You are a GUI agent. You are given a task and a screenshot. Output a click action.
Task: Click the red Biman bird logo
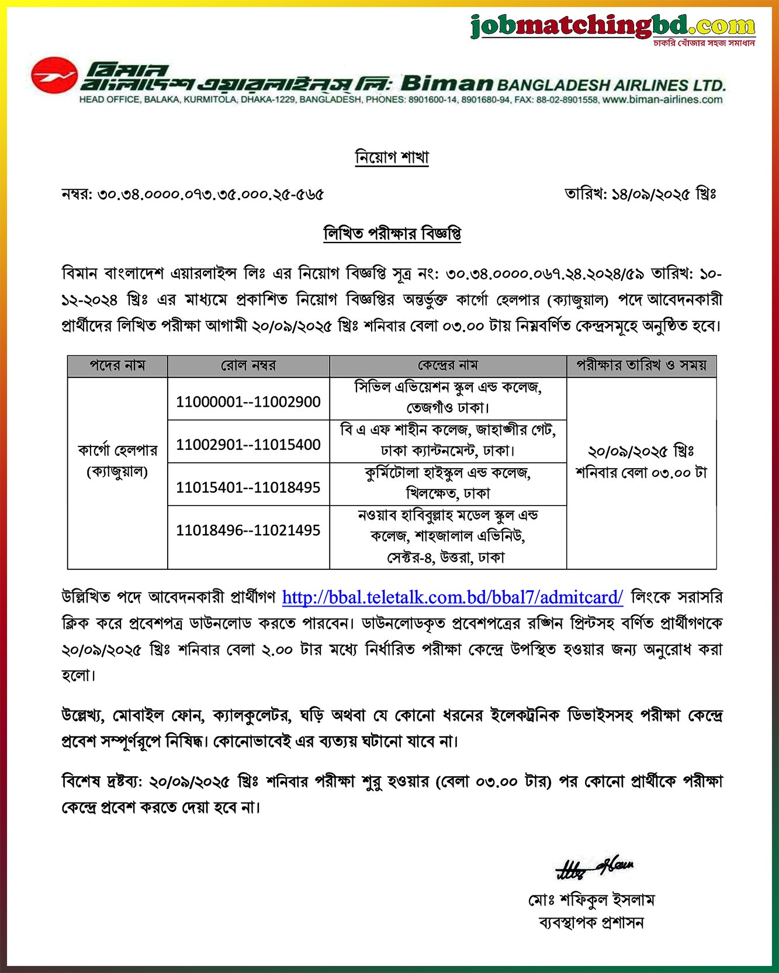pos(54,75)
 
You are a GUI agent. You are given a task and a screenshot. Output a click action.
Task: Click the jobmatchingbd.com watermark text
pos(612,26)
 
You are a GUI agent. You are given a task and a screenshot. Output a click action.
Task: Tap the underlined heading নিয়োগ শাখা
pos(392,157)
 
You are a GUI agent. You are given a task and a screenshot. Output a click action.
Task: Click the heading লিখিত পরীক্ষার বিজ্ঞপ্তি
pos(392,234)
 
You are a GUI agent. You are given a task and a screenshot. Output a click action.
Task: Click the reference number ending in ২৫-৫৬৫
pos(193,194)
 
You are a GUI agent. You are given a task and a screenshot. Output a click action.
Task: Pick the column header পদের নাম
pos(117,366)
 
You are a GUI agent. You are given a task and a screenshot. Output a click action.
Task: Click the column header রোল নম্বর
pos(248,366)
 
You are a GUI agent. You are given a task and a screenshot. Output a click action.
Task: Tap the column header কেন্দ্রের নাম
pos(448,366)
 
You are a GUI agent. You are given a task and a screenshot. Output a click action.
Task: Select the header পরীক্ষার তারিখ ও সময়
pos(641,366)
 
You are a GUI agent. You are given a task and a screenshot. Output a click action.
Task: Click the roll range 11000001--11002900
pos(248,402)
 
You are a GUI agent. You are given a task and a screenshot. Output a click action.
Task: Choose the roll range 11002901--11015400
pos(248,445)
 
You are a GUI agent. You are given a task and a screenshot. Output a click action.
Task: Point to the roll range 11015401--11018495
pos(248,487)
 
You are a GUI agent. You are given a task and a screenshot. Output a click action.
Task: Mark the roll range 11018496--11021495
pos(248,531)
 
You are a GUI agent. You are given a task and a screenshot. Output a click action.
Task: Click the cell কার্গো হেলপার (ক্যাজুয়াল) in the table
pos(117,461)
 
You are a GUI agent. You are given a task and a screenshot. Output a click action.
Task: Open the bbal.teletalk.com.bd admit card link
pos(452,597)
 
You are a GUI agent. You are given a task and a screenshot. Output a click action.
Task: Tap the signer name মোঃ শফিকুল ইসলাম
pos(591,900)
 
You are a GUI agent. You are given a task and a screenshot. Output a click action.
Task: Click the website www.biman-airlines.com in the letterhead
pos(662,100)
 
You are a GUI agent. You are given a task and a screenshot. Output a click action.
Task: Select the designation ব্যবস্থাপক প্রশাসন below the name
pos(591,923)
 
